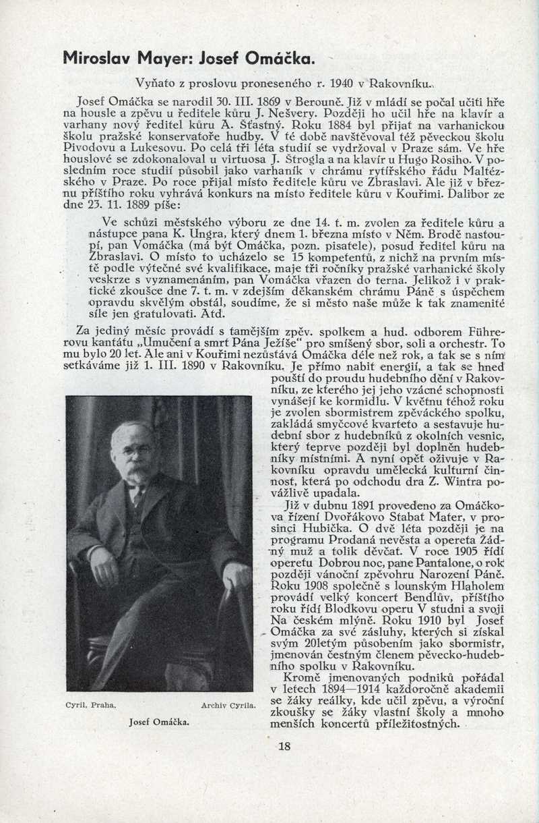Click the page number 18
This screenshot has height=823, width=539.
[284, 746]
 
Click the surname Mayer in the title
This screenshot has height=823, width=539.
[148, 58]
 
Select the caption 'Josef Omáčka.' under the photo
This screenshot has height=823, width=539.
[159, 722]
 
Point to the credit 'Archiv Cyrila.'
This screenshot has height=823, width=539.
[228, 706]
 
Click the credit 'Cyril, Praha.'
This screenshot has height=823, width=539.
[91, 706]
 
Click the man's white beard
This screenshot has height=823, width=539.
[137, 472]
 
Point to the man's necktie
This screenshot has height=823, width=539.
[138, 497]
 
